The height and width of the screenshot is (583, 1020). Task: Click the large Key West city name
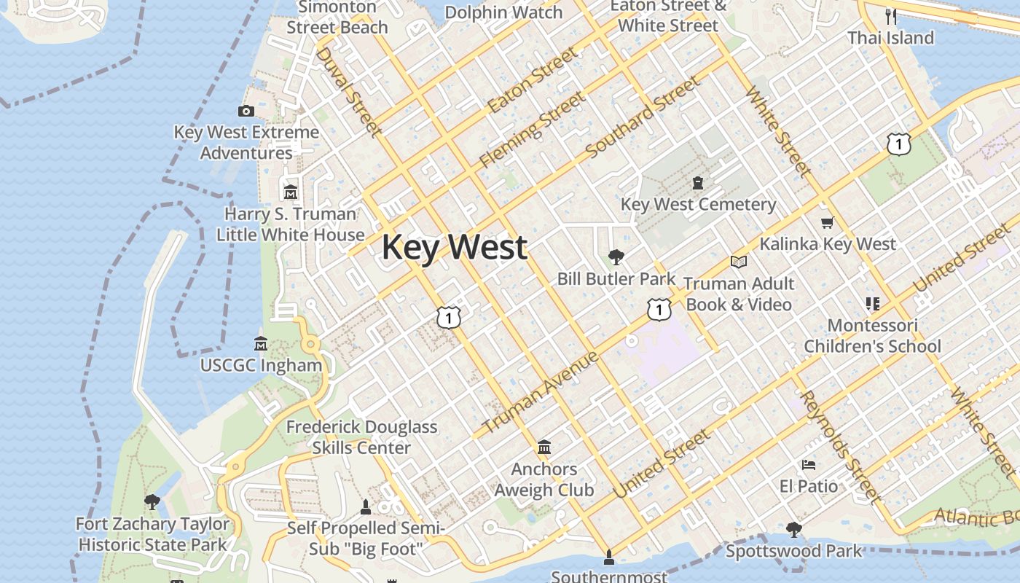(454, 247)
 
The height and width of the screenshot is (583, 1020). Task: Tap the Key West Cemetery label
(698, 205)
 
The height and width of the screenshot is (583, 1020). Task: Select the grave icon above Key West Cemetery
(698, 182)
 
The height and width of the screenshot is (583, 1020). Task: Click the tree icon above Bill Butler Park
(616, 257)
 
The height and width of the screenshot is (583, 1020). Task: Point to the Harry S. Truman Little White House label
(291, 224)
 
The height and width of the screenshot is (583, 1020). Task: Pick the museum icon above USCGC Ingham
(261, 343)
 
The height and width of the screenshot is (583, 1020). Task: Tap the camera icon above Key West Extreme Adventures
(246, 111)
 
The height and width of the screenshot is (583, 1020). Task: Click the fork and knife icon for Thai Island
(890, 16)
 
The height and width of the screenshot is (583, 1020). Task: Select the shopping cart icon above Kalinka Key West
(827, 222)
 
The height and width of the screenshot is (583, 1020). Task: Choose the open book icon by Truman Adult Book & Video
(739, 262)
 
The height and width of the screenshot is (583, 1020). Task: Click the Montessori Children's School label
(872, 336)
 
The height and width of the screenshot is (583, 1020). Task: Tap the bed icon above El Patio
(809, 464)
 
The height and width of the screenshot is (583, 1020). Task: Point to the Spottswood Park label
(793, 551)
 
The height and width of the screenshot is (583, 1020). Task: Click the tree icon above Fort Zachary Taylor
(152, 501)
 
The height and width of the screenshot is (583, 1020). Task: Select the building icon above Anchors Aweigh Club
(544, 446)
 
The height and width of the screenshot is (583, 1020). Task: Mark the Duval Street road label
(348, 92)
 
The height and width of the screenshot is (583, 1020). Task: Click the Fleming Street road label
(532, 130)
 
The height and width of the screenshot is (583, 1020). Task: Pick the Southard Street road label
(642, 116)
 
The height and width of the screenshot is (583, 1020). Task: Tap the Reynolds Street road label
(840, 447)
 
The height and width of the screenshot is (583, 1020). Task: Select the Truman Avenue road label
(540, 392)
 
